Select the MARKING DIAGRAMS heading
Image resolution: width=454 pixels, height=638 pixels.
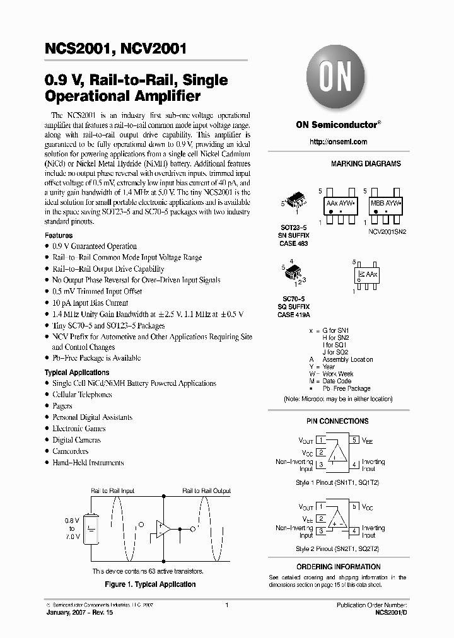[x=366, y=164]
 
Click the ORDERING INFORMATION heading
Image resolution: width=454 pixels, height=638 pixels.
[x=339, y=567]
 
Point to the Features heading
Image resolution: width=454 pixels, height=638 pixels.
[x=58, y=235]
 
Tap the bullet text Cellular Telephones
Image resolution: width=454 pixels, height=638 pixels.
[x=82, y=395]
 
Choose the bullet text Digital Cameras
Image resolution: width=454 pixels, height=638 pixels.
[x=76, y=440]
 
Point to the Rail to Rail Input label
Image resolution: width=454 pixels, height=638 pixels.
[x=112, y=490]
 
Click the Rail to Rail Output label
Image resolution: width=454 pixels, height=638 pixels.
[x=206, y=490]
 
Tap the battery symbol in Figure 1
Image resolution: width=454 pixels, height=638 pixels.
[x=92, y=528]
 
